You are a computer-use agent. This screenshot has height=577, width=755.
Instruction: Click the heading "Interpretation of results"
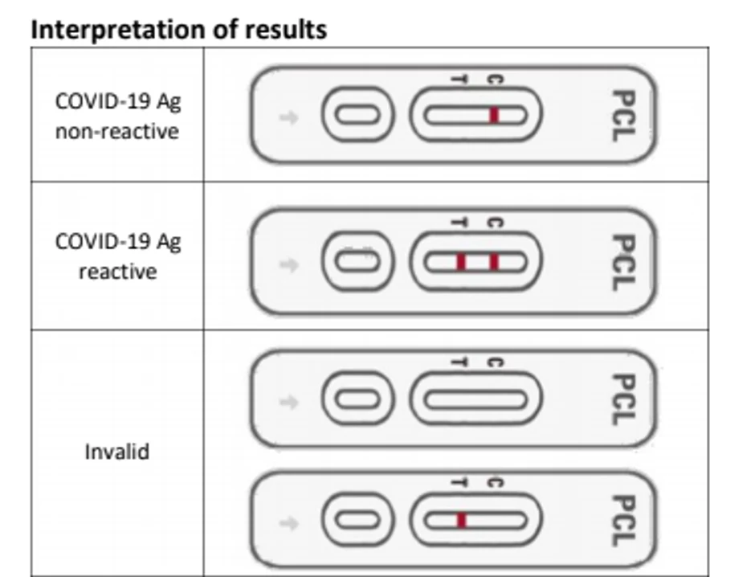tap(178, 30)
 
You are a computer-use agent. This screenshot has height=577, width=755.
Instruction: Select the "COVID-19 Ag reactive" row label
tap(117, 256)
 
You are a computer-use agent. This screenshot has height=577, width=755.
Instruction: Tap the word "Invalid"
tap(117, 451)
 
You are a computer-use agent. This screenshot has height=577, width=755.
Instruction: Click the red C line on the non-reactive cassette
tap(494, 116)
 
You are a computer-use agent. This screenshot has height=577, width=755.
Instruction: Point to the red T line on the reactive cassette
tap(461, 262)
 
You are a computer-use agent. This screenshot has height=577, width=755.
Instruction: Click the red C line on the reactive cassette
tap(494, 262)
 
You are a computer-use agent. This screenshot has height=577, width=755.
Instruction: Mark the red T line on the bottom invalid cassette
tap(461, 521)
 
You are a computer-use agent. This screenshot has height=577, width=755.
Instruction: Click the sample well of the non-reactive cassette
tap(357, 116)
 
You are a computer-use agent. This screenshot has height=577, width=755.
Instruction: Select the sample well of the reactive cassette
tap(357, 262)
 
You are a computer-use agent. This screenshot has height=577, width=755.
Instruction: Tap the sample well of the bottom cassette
tap(357, 521)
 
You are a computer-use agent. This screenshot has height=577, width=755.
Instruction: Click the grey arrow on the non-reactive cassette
tap(288, 118)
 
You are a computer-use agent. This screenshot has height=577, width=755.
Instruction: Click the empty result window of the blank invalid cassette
tap(475, 399)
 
